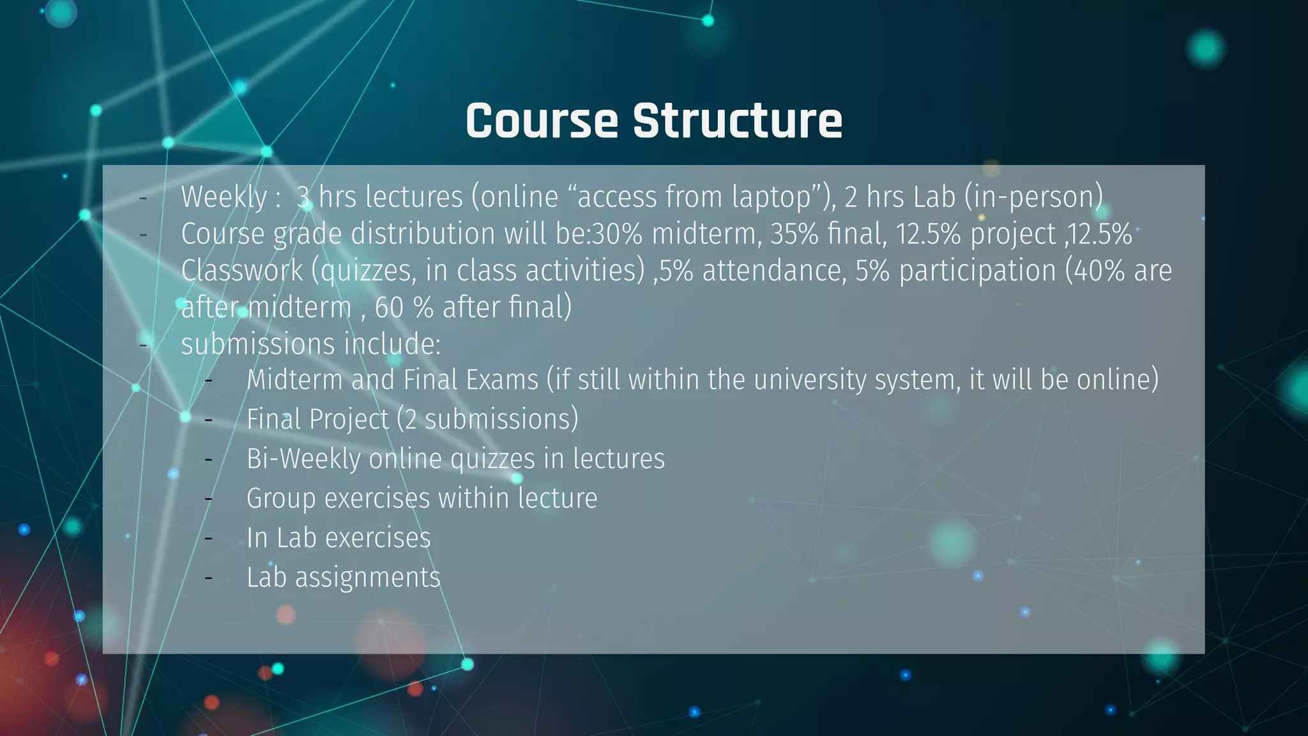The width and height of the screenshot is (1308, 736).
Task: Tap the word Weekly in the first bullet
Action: (x=224, y=197)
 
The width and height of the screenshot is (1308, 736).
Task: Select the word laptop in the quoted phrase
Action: (x=772, y=197)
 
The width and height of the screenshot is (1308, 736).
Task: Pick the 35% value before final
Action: (x=794, y=234)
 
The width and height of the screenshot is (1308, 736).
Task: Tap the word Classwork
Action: (x=241, y=271)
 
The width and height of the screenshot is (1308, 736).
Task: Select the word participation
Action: (x=977, y=271)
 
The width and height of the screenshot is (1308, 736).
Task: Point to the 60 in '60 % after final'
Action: (x=389, y=308)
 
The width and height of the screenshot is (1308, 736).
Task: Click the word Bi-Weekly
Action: (x=303, y=459)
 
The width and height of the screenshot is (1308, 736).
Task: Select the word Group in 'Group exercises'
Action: (x=281, y=499)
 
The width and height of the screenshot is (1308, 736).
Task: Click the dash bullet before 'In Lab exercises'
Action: (x=208, y=539)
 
